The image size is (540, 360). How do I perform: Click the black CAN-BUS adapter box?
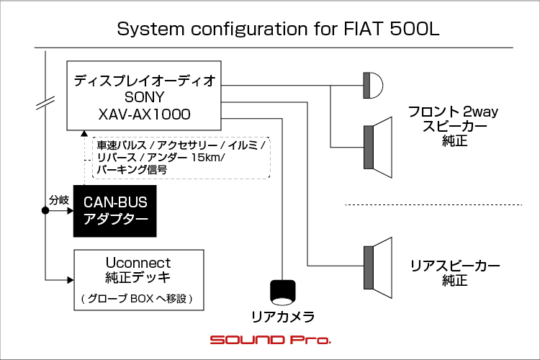(115, 211)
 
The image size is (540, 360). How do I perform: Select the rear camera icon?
(283, 292)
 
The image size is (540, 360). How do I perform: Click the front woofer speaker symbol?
(378, 147)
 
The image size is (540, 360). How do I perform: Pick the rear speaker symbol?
(378, 268)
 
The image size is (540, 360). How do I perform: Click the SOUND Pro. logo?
(270, 340)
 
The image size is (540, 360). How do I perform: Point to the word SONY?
(144, 97)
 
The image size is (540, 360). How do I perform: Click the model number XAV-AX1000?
(144, 114)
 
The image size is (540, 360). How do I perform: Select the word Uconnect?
(138, 263)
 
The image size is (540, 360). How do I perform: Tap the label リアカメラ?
(283, 317)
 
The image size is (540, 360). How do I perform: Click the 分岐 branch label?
(59, 200)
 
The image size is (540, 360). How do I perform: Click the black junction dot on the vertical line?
(45, 210)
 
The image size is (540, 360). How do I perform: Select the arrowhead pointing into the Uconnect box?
(71, 280)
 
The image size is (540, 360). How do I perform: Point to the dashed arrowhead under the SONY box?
(84, 133)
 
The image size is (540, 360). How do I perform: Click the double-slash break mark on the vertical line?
(45, 104)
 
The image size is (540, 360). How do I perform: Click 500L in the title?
(415, 29)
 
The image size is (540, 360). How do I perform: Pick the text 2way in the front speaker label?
(481, 112)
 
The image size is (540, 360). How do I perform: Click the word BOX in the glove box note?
(142, 298)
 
